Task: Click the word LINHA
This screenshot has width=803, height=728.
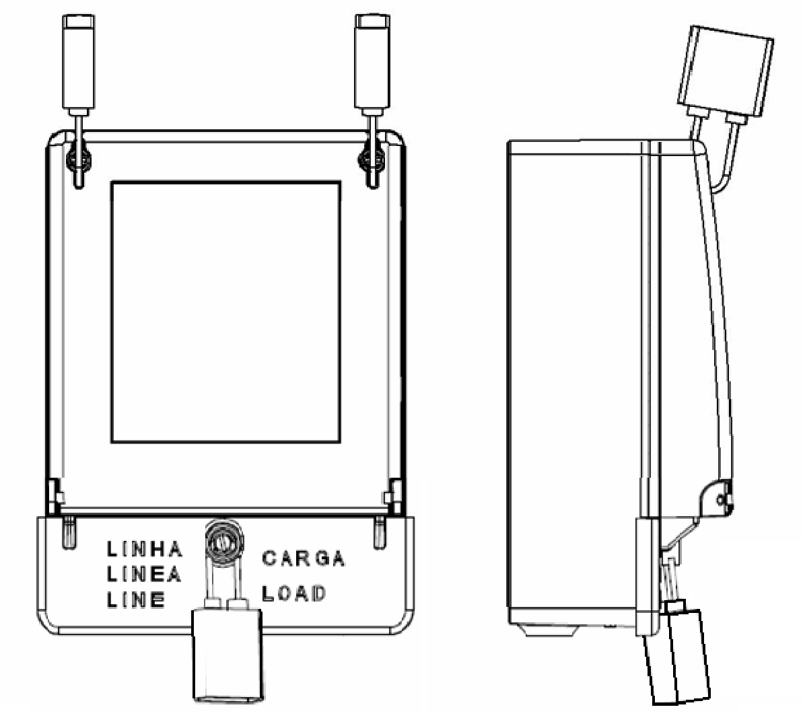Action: [x=145, y=549]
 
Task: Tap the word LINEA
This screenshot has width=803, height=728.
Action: [x=144, y=575]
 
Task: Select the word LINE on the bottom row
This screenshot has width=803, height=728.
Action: [x=136, y=599]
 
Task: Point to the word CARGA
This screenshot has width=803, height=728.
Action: [x=303, y=558]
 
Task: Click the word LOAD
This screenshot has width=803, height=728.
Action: [x=294, y=594]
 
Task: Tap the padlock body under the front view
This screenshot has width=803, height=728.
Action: [x=228, y=655]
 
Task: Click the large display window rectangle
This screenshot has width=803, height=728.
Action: [x=226, y=312]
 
